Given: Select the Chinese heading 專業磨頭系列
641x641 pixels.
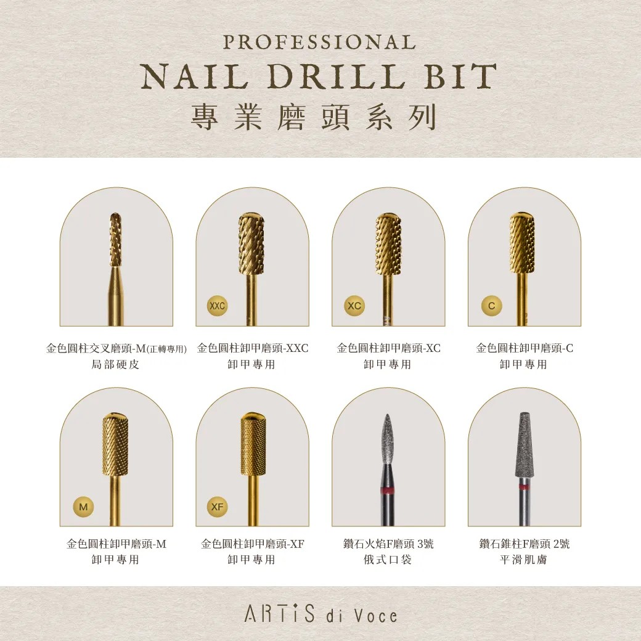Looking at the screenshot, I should coord(314,116).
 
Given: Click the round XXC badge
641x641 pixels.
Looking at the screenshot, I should coord(218,306).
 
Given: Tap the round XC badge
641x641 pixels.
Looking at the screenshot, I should coord(354,306).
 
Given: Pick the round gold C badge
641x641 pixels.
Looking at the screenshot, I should coord(491,306).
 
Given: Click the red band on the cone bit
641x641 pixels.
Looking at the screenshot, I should coord(524,487).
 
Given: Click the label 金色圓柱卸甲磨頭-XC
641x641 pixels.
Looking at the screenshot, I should coord(388,348).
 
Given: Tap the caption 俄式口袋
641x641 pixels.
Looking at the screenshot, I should coord(388,560).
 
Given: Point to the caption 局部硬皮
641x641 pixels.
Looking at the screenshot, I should coord(115,364).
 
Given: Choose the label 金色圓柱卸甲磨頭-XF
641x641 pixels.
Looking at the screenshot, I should coord(253,544).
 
